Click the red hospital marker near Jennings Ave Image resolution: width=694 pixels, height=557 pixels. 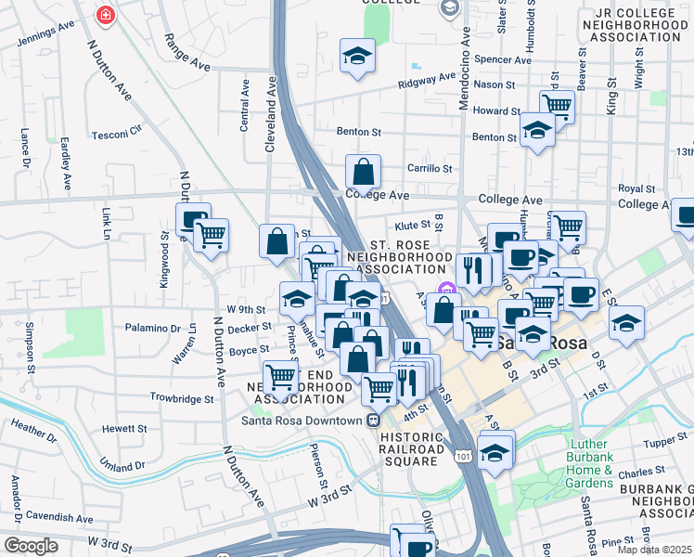pos(105,16)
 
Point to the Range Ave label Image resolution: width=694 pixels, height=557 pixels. pos(186,53)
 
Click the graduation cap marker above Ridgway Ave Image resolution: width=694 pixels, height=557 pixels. pos(357,58)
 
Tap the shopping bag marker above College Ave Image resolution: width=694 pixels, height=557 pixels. pos(363,172)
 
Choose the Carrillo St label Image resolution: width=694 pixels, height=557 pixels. pos(430,169)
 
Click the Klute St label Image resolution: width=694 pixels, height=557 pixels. pos(413,225)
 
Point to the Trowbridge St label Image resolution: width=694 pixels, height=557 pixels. pos(183,397)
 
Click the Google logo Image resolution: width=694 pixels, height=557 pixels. pos(32,545)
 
